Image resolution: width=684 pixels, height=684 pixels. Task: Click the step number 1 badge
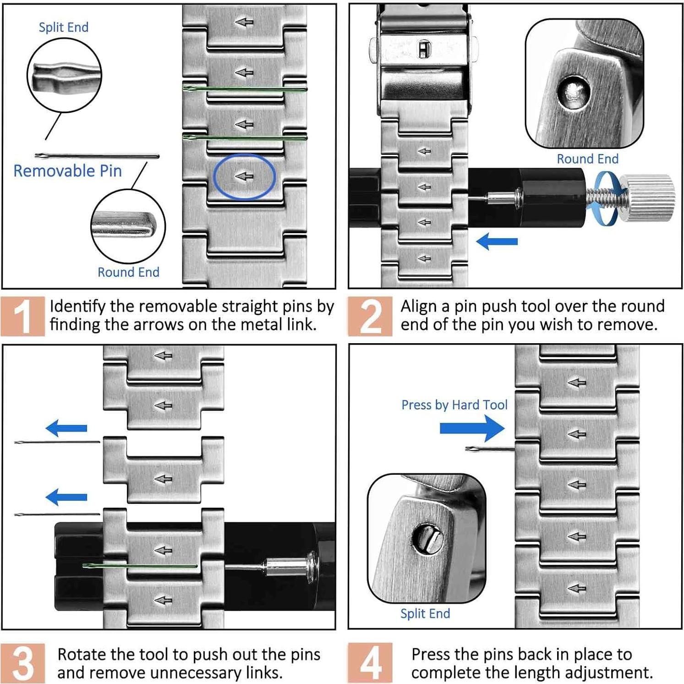coord(22,316)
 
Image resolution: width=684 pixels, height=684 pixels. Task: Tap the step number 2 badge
coord(370,316)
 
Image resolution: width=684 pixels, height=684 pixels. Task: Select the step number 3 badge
coord(22,662)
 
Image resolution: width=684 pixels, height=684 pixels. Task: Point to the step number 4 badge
coord(370,662)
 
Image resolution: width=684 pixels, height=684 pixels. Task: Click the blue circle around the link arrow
coord(244,176)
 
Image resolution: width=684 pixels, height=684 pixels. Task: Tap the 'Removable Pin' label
coord(68,171)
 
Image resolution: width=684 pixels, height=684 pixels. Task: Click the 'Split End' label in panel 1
coord(64,27)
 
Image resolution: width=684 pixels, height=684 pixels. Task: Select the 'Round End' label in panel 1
coord(128,272)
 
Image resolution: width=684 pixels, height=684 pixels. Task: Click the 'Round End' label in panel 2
coord(587,159)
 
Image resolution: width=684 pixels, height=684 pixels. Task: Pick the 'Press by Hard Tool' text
coord(454,405)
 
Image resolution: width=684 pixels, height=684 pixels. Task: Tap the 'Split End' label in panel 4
coord(425,613)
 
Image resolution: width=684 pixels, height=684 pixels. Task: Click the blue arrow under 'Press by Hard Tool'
coord(472,428)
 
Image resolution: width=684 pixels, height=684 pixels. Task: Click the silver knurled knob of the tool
coord(651,197)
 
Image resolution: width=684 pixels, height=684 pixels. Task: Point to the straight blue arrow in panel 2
coord(497,241)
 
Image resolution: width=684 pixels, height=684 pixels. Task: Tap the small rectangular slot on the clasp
coord(424,49)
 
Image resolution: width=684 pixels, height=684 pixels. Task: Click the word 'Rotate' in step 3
coord(81,655)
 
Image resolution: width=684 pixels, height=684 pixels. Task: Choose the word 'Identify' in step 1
coord(78,306)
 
